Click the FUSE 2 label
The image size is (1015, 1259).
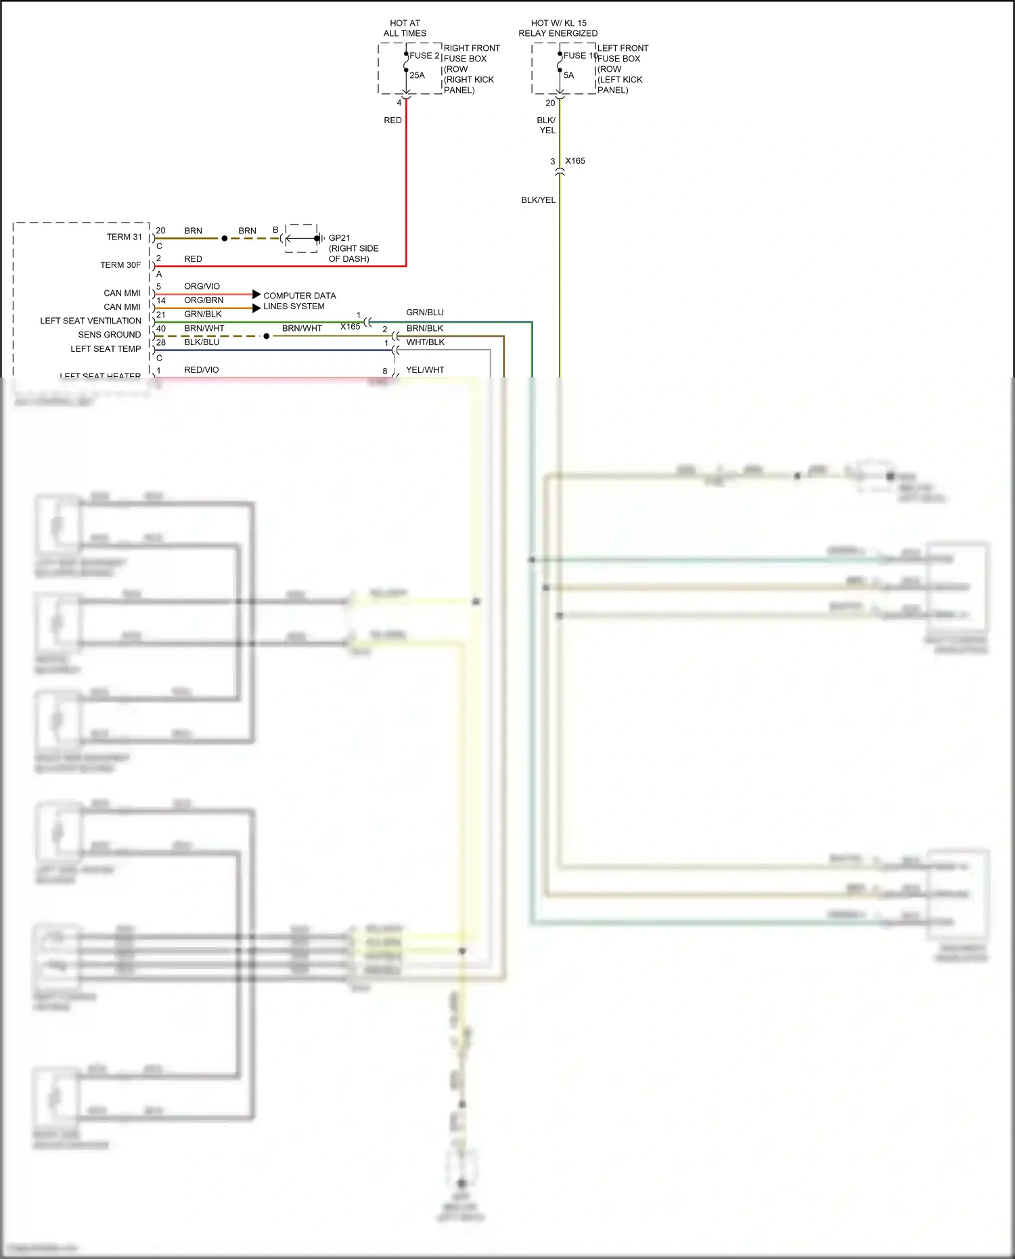[x=424, y=55]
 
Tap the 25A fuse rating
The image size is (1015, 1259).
[x=417, y=75]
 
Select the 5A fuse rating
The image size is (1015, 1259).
[x=568, y=75]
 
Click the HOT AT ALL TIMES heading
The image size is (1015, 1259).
[x=405, y=28]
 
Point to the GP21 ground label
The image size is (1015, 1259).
[x=340, y=238]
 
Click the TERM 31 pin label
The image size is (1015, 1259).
[x=124, y=237]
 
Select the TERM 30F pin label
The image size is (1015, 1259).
[x=120, y=265]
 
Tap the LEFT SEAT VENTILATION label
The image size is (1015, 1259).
[x=91, y=321]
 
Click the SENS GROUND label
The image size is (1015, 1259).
[x=109, y=335]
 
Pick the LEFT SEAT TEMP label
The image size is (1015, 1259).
[x=106, y=349]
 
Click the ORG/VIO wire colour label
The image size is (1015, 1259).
[x=202, y=286]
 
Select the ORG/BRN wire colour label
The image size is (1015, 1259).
[x=204, y=300]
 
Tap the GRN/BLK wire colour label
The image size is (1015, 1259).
[x=203, y=314]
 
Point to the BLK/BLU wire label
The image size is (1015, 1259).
[x=202, y=342]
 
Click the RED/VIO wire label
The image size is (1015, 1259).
[x=202, y=370]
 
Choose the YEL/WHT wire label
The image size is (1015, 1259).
[x=425, y=370]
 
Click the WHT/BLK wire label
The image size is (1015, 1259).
[x=425, y=342]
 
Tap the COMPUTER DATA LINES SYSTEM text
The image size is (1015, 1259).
[x=299, y=301]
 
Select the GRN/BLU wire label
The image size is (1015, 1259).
[x=425, y=313]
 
